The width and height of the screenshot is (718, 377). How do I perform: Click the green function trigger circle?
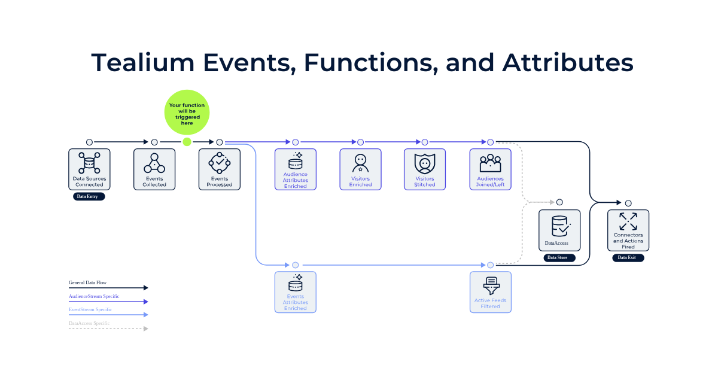point(187,112)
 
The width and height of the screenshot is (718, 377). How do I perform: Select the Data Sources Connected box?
point(89,169)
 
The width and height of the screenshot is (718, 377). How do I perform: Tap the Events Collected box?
point(154,169)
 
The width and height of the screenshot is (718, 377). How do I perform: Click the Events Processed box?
point(220,169)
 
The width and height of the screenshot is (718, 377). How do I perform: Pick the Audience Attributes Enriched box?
point(296,169)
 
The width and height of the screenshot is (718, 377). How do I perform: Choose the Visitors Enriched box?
point(360,169)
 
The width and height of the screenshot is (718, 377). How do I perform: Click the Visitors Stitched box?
point(425,169)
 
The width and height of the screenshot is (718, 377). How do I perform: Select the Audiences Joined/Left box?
point(490,169)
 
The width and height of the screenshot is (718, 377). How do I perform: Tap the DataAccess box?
point(559,230)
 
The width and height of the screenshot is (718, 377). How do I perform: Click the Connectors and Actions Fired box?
point(628,230)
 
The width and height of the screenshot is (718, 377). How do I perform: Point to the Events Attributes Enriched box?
point(296,292)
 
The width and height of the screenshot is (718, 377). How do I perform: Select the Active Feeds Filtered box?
point(490,292)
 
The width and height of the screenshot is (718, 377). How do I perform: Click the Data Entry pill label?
point(89,196)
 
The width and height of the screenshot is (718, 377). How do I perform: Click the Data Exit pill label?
point(628,258)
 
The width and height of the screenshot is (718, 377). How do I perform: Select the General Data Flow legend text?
point(88,282)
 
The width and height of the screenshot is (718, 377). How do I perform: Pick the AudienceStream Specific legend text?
point(94,296)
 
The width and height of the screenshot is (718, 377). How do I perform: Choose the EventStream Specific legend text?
point(90,309)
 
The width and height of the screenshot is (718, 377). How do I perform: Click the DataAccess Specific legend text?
point(89,323)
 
